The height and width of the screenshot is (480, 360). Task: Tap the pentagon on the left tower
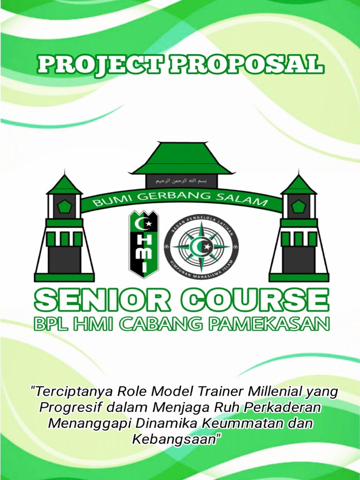click(64, 206)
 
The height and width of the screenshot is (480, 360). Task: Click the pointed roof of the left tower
click(64, 184)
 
